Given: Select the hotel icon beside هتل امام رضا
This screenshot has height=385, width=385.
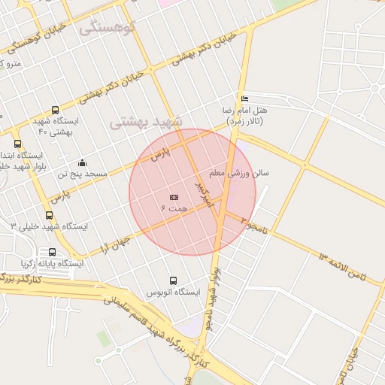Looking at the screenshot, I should (x=244, y=99).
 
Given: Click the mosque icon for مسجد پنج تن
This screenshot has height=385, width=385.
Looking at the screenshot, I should (x=82, y=163).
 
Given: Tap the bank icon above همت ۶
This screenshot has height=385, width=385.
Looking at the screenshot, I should (x=174, y=196).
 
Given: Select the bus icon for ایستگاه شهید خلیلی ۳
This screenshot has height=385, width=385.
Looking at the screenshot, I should (x=49, y=216).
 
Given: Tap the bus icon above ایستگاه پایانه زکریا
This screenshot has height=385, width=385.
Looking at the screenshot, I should (x=52, y=253).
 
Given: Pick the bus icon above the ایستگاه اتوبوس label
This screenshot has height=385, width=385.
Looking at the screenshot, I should (x=174, y=280).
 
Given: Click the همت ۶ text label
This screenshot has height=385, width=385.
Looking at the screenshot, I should (x=173, y=207).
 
